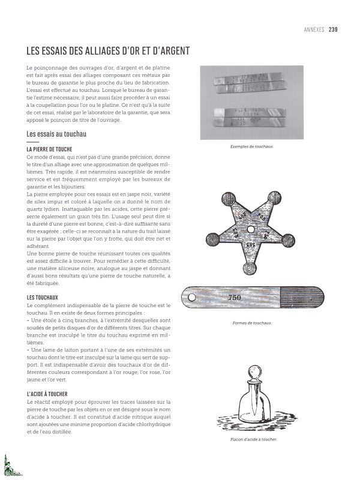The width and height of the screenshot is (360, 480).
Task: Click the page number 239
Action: coord(333,28)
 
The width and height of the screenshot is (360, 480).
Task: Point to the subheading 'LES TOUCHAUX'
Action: coord(43,298)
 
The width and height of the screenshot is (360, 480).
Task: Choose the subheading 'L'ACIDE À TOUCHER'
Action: coord(51,393)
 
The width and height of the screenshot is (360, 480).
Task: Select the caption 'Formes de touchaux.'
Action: coord(252,323)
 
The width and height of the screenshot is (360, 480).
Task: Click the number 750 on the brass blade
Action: coord(235,298)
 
